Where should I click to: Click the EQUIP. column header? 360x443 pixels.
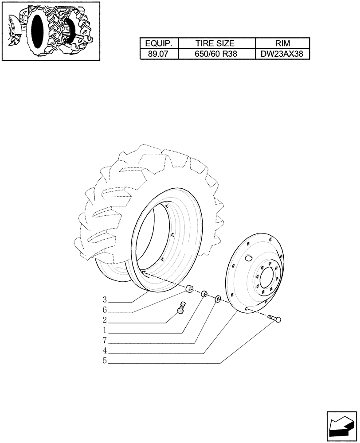coord(159,43)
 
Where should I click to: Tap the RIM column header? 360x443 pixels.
coord(282,43)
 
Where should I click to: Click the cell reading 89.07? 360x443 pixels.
coord(159,54)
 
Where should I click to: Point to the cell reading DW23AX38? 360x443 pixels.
coord(282,54)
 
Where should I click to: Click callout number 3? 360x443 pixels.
coord(105,299)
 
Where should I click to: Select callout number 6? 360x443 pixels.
coord(105,310)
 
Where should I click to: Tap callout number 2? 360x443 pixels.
coord(105,320)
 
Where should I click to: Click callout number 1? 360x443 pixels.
coord(105,330)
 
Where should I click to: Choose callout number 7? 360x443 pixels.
coord(105,341)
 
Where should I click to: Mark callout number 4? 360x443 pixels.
coord(105,351)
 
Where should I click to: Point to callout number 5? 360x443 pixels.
coord(105,361)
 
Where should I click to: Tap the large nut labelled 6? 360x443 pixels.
coord(189,290)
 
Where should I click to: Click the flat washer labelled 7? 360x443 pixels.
coord(218,300)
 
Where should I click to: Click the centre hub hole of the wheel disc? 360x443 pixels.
coord(267,280)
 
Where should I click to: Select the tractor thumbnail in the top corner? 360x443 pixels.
coord(50,31)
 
